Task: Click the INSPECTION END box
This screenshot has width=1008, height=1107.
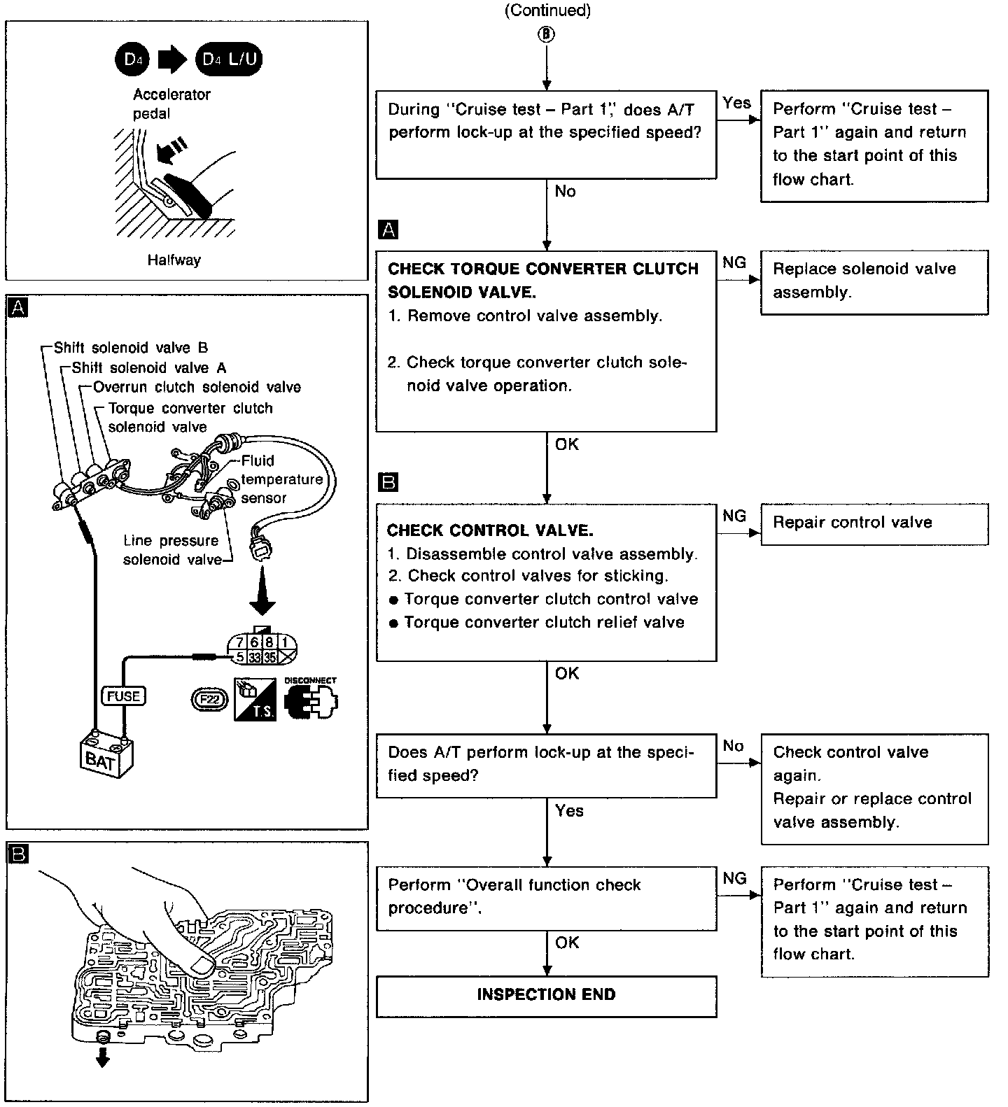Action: [x=546, y=995]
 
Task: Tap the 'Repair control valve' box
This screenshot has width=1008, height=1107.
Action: [x=874, y=523]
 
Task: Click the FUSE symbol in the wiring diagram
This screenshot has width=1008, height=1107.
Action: [x=124, y=696]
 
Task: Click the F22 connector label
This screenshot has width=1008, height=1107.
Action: [x=209, y=699]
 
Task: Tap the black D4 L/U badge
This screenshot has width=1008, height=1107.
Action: [x=230, y=59]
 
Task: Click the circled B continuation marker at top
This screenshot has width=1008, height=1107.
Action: [x=547, y=34]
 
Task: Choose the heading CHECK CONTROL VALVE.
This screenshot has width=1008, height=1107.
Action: [x=490, y=530]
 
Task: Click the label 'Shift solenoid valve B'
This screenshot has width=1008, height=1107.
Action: [x=131, y=348]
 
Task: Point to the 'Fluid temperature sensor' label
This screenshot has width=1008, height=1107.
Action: [x=280, y=479]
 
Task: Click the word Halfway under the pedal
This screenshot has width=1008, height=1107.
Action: [x=174, y=260]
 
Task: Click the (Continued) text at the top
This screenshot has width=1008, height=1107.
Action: [x=547, y=10]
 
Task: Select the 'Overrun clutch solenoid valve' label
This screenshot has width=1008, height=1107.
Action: [x=197, y=388]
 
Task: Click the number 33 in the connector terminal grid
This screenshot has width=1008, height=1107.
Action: [x=255, y=657]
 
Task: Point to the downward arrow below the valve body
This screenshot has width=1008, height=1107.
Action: [x=103, y=1061]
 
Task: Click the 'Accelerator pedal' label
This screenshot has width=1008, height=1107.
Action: [x=171, y=104]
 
